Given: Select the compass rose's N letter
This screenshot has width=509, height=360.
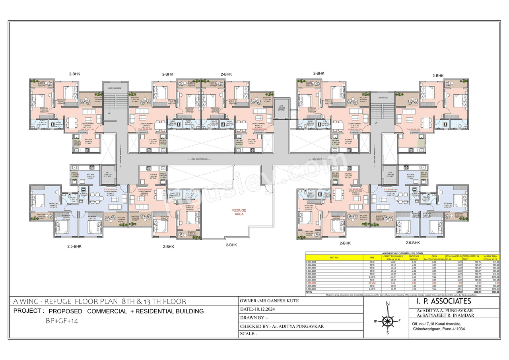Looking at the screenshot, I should tap(387, 304).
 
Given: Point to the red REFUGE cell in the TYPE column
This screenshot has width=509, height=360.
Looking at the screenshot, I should tap(372, 283).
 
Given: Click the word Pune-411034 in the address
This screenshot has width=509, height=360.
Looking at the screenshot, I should tap(452, 329).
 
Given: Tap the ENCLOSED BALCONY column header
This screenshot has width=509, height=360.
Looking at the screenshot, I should tap(414, 257).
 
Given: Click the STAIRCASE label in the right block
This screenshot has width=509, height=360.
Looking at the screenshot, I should tap(383, 97).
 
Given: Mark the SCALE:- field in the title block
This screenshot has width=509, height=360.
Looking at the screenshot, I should tap(249, 334).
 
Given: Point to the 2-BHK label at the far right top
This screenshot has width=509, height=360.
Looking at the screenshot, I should tap(438, 76).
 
